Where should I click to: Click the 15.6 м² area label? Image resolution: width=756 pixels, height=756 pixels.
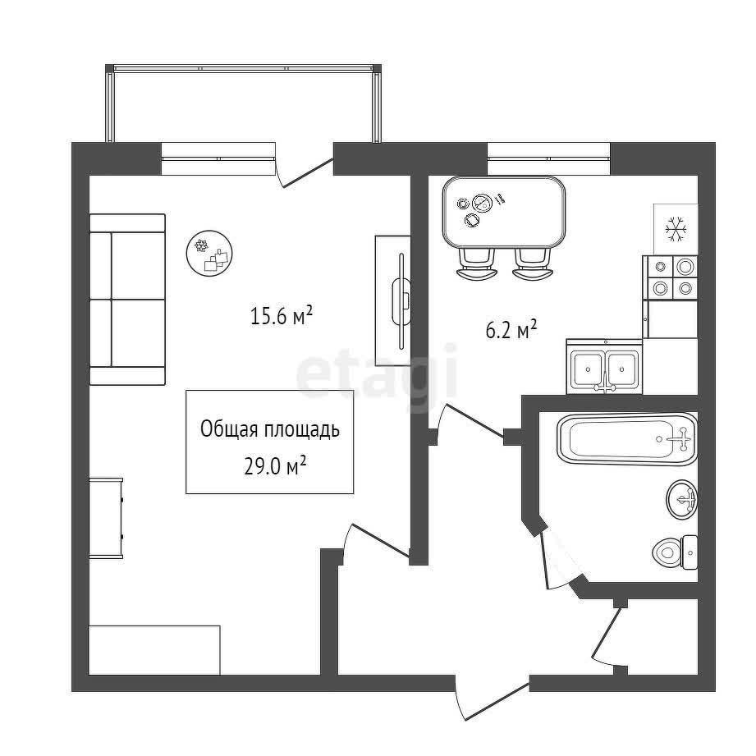(x=282, y=316)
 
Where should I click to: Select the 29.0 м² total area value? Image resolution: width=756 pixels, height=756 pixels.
(x=275, y=466)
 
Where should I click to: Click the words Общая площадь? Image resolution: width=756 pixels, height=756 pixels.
(x=270, y=429)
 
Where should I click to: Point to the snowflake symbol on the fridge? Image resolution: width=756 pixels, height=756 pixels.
(x=676, y=229)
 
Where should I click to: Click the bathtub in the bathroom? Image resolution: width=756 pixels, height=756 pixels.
(x=627, y=439)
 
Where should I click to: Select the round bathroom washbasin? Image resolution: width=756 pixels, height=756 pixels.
(x=682, y=499)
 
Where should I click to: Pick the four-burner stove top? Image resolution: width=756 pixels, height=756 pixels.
(x=671, y=277)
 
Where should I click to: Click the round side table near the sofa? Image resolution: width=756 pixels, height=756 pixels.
(x=209, y=253)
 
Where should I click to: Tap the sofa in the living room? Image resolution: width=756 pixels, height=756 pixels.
(x=128, y=300)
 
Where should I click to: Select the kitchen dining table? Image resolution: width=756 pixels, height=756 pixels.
(x=504, y=212)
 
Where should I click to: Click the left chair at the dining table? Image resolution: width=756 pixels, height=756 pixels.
(x=476, y=264)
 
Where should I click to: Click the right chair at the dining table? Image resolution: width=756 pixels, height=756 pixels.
(x=532, y=264)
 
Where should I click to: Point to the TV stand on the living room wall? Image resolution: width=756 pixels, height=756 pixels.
(x=393, y=301)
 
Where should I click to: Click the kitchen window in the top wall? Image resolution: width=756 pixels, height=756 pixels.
(x=548, y=158)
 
